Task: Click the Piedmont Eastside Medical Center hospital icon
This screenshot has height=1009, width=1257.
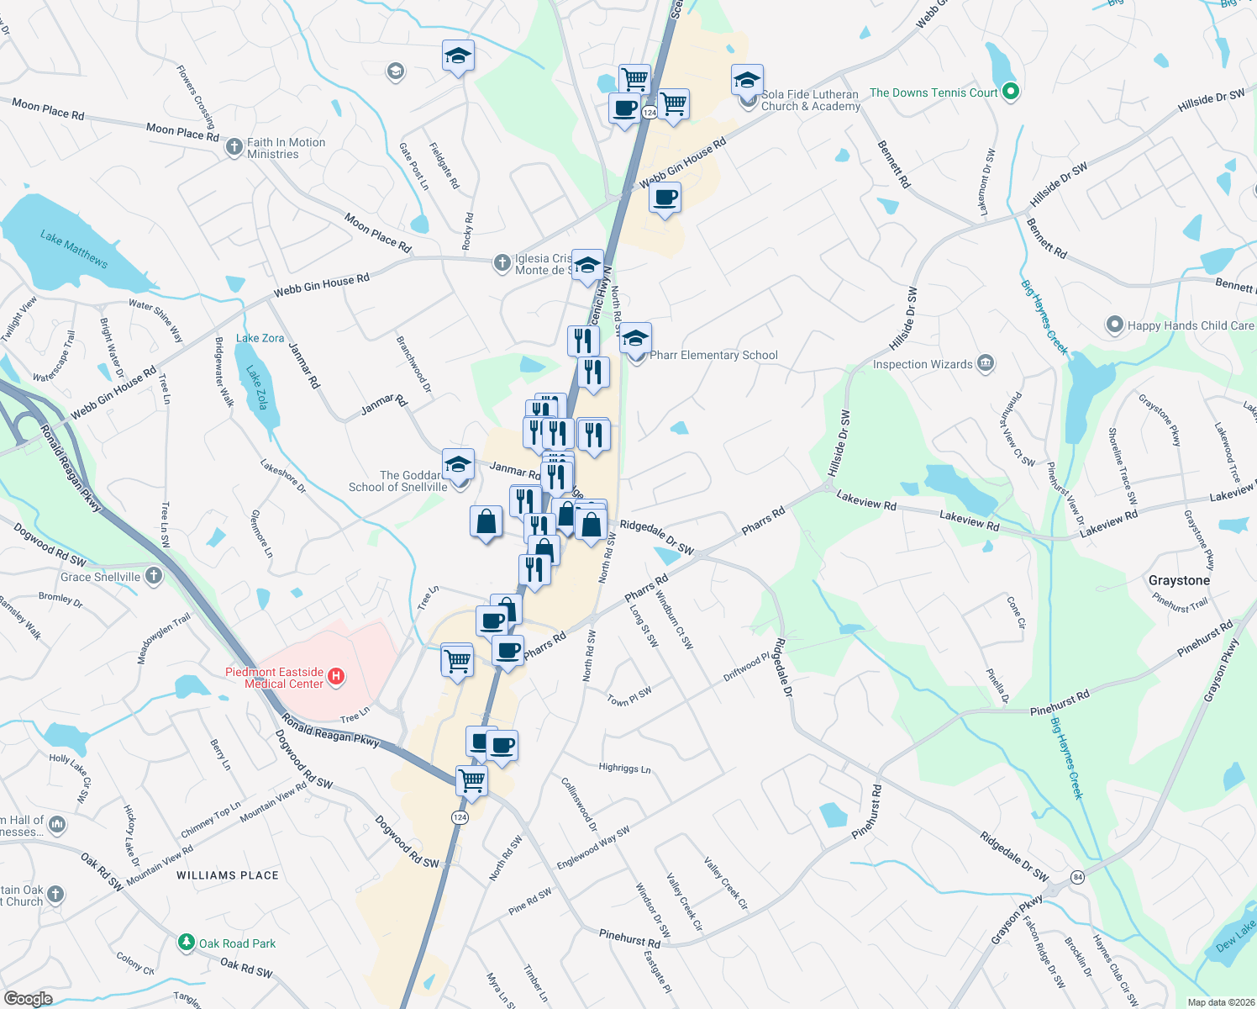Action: pos(336,677)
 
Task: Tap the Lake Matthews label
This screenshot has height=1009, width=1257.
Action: pos(74,249)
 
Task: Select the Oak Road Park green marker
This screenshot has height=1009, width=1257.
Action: pos(187,943)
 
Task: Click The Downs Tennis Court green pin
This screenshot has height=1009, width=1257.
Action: pos(1011,92)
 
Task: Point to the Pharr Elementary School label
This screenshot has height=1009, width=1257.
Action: pos(713,355)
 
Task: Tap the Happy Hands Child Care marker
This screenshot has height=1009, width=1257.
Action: pos(1114,325)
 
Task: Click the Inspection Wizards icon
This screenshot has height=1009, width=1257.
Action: pos(986,364)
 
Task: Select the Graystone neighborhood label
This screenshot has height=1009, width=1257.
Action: pos(1179,580)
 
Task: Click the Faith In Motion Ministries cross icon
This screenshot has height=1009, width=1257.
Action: pos(234,148)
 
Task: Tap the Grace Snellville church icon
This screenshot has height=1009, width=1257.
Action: pos(153,576)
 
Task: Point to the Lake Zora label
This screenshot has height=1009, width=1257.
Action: pos(260,338)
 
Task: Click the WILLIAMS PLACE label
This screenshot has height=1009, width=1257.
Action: pos(227,875)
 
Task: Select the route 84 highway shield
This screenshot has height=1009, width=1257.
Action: pos(1078,878)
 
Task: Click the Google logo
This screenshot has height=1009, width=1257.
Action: pos(28,998)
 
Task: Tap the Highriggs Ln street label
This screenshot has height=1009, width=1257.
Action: pos(624,768)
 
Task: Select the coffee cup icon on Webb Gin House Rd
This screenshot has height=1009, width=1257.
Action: pos(665,198)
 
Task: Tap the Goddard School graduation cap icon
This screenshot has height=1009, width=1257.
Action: pos(458,465)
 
